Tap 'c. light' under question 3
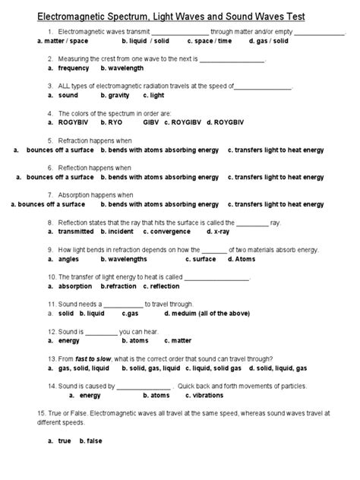[x=155, y=96]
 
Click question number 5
[x=49, y=141]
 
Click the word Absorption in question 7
[x=75, y=194]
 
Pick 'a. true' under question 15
[x=58, y=441]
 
